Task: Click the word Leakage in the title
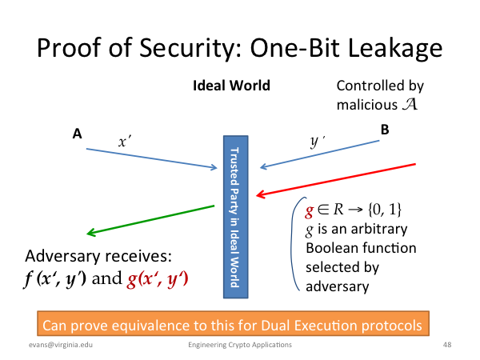(395, 49)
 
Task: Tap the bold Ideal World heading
(231, 86)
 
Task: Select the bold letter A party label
(77, 134)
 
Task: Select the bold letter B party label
(385, 130)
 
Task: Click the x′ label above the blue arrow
(125, 142)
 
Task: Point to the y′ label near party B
(317, 142)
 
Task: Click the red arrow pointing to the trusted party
(336, 180)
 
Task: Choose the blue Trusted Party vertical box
(236, 217)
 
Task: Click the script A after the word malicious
(410, 104)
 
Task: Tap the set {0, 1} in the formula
(385, 210)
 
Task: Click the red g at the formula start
(310, 211)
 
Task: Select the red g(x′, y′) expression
(158, 279)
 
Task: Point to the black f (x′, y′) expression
(54, 279)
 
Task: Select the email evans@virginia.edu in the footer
(61, 345)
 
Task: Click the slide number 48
(447, 345)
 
